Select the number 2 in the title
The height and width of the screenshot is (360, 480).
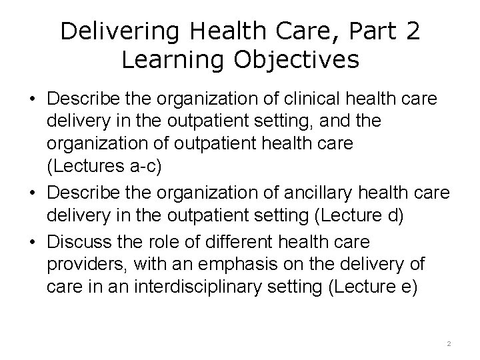(x=411, y=32)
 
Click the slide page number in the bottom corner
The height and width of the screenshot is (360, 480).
(x=449, y=343)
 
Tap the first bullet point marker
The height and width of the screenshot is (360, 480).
(x=32, y=99)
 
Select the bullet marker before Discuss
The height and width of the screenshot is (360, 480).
(x=32, y=239)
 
